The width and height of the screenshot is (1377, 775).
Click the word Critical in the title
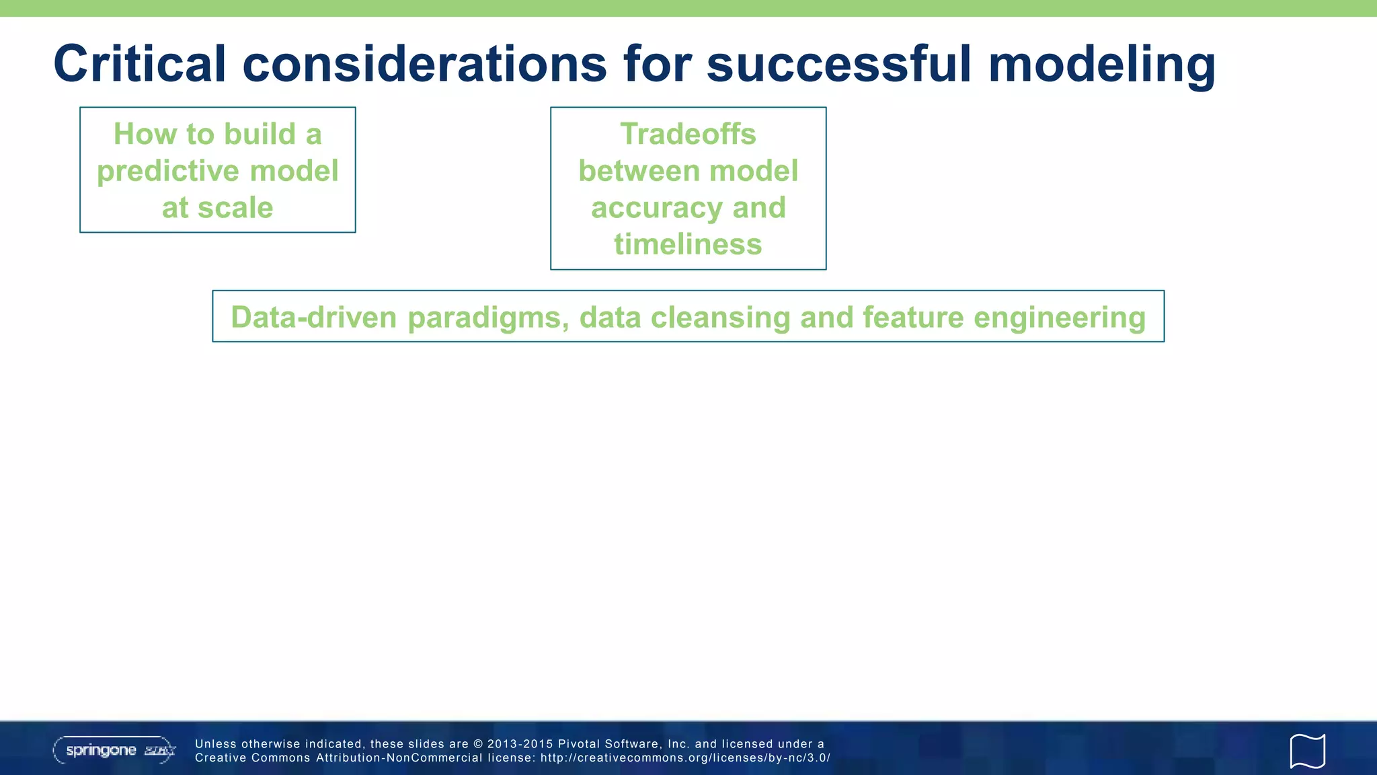click(x=139, y=64)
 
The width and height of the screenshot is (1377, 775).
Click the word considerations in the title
click(x=424, y=64)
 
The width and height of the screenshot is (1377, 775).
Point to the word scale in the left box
click(x=235, y=208)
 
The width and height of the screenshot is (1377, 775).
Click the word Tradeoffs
click(x=688, y=134)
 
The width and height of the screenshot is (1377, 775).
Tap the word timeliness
click(x=688, y=244)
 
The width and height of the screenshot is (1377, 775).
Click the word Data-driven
click(x=313, y=318)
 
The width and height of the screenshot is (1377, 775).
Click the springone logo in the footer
click(x=114, y=750)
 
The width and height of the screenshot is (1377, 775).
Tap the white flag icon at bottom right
click(x=1307, y=751)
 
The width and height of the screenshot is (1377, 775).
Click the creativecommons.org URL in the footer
click(x=685, y=758)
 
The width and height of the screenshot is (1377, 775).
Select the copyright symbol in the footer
click(x=478, y=744)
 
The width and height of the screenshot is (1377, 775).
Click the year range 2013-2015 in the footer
click(x=519, y=744)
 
